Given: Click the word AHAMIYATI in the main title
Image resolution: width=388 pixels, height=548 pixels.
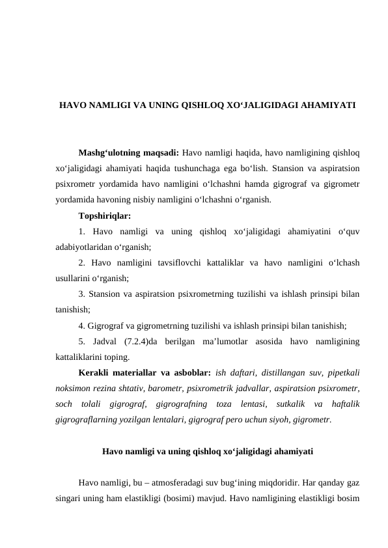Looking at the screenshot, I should coord(326,104).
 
